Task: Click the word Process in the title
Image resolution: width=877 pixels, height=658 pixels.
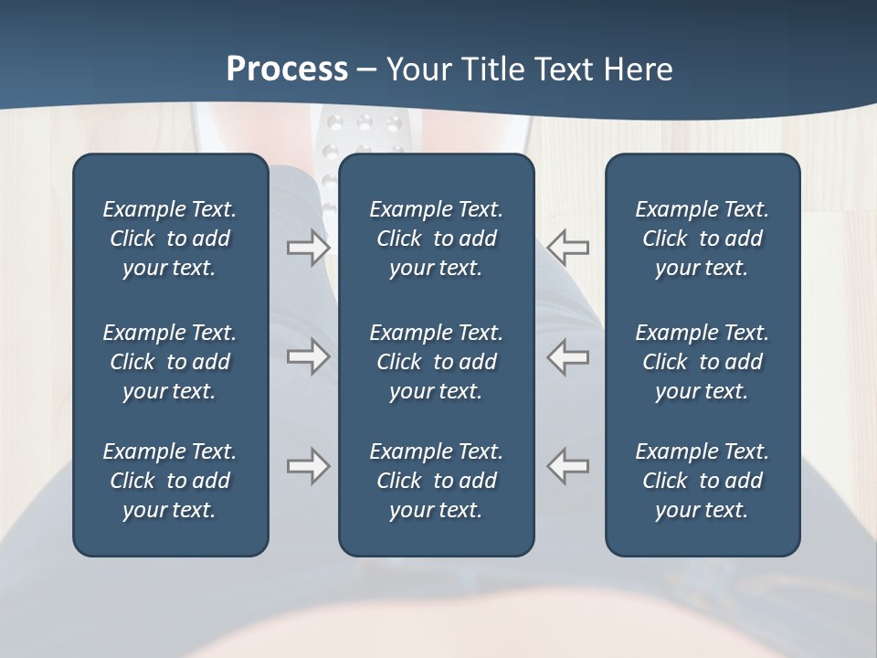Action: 287,69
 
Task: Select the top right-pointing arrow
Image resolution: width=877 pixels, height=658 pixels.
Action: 308,248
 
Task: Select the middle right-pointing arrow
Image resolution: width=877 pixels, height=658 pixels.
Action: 308,356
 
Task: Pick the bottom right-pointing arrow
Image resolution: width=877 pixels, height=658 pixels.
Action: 308,466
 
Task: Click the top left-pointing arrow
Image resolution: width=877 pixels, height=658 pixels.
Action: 568,248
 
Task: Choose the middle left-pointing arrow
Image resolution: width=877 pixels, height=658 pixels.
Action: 568,356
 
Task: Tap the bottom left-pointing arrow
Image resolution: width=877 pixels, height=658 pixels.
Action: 568,466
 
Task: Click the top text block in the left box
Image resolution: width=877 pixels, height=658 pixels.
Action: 170,239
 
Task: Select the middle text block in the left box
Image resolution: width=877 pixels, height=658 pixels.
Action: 170,362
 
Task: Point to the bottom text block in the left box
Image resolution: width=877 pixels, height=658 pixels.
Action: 170,481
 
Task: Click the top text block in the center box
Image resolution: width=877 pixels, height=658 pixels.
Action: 436,239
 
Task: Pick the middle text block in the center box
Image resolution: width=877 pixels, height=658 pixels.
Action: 436,362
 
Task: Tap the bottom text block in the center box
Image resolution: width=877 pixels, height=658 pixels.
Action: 436,481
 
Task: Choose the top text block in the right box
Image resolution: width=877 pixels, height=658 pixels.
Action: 702,239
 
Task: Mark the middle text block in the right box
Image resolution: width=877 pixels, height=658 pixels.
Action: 702,362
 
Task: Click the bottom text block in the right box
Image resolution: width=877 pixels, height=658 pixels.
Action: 702,481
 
